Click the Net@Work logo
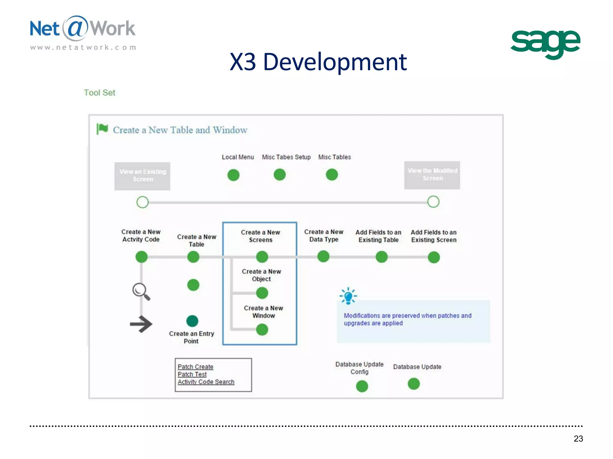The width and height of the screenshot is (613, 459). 83,32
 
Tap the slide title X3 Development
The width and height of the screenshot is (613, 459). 318,62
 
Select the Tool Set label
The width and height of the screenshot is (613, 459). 99,93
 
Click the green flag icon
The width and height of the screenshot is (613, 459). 102,129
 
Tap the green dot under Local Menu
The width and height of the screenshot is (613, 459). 233,175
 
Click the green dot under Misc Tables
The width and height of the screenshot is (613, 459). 332,175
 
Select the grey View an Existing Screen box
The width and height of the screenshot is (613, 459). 142,176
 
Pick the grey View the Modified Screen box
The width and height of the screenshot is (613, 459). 432,175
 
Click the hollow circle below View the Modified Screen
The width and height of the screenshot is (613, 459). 433,202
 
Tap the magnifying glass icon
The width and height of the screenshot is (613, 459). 141,291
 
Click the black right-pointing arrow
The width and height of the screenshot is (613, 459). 141,324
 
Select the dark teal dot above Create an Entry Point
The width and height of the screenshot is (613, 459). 192,321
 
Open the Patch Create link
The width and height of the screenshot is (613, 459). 195,367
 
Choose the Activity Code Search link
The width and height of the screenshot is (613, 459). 206,382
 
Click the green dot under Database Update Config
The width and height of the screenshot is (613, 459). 362,386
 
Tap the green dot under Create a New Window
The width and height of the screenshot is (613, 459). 262,330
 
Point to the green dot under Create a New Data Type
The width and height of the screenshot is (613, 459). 323,256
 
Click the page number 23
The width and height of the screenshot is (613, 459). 578,438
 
